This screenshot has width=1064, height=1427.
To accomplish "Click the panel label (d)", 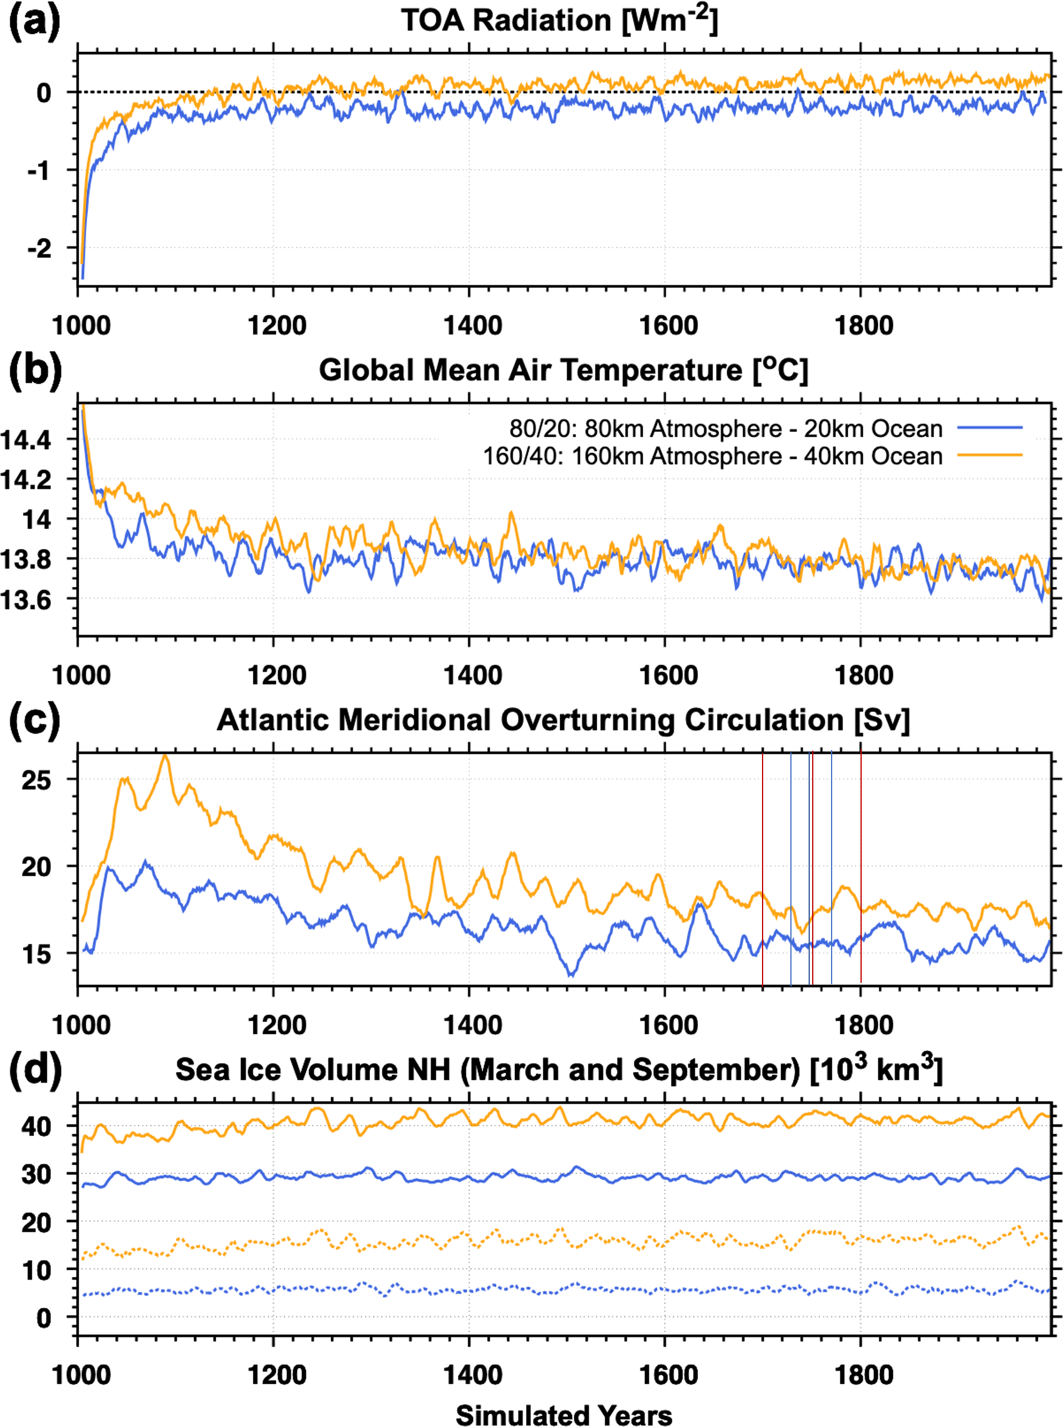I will (x=35, y=1070).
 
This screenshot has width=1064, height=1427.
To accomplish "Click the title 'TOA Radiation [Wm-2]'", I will (x=559, y=21).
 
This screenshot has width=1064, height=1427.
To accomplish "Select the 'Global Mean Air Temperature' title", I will (x=563, y=370).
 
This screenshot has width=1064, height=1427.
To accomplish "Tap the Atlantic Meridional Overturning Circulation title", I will (x=563, y=720).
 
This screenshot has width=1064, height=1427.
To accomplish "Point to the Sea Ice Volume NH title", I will (x=559, y=1070).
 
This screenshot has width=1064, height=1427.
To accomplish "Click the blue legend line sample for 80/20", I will (x=990, y=428).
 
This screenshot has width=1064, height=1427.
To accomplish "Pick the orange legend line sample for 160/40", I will (x=990, y=455).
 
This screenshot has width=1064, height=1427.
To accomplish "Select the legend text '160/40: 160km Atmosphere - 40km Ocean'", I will (x=712, y=456).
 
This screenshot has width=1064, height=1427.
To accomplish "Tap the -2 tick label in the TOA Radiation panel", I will (x=40, y=248).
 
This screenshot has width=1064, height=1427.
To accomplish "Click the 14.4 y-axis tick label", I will (x=27, y=440).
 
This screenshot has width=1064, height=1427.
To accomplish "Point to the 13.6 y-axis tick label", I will (x=27, y=600).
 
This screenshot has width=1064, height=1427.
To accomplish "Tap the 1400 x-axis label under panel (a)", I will (x=472, y=325).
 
